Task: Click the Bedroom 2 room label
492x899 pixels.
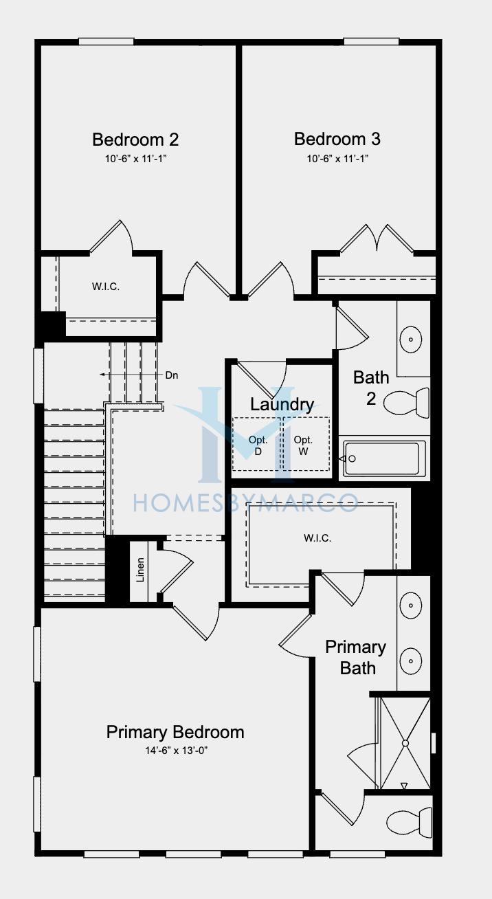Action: coord(135,140)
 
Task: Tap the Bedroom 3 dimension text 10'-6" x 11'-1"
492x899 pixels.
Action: coord(337,159)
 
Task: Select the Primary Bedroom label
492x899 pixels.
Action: coord(175,733)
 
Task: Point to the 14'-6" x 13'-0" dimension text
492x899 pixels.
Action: coord(176,751)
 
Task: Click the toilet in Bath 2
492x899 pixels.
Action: coord(406,403)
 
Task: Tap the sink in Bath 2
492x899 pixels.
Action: coord(411,340)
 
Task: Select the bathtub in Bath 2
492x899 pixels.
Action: coord(381,458)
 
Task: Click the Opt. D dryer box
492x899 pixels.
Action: coord(257,444)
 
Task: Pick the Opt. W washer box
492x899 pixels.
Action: coord(306,444)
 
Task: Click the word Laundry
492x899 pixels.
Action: coord(282,405)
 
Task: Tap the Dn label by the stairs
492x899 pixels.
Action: coord(172,375)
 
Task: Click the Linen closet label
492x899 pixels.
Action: coord(140,570)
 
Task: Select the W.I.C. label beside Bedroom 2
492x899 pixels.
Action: coord(106,287)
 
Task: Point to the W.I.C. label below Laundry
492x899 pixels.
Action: coord(317,538)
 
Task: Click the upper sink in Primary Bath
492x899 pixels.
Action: coord(411,606)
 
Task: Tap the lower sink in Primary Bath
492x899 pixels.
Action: coord(411,661)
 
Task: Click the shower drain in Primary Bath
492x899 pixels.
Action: coord(405,743)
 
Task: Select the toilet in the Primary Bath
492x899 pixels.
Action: coord(409,823)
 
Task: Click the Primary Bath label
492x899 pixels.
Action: coord(356,657)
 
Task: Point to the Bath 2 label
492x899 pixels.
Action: coord(371,388)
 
